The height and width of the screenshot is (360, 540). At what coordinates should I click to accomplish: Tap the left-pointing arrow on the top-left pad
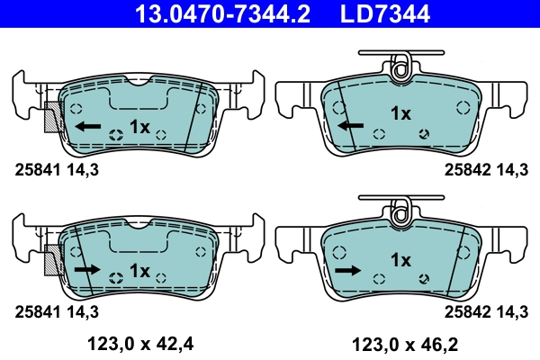(87, 126)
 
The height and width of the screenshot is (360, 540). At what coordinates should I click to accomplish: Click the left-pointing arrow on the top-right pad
(351, 125)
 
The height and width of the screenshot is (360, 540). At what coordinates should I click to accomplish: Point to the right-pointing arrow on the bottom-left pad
(87, 269)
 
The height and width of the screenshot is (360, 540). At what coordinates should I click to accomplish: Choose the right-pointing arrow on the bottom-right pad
(346, 268)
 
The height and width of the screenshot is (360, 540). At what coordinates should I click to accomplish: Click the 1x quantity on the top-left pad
(139, 126)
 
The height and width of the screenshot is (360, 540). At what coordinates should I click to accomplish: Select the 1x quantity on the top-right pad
(400, 113)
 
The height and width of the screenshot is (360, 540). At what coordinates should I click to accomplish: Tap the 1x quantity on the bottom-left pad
(139, 270)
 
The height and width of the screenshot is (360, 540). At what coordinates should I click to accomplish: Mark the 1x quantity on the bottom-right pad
(400, 260)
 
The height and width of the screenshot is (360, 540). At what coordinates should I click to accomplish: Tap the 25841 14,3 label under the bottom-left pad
(56, 311)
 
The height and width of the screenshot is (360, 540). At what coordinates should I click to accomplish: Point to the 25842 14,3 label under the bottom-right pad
(485, 311)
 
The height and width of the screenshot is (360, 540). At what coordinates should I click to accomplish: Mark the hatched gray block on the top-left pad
(53, 117)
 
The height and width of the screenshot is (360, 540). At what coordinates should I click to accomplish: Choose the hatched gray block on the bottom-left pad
(53, 260)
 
